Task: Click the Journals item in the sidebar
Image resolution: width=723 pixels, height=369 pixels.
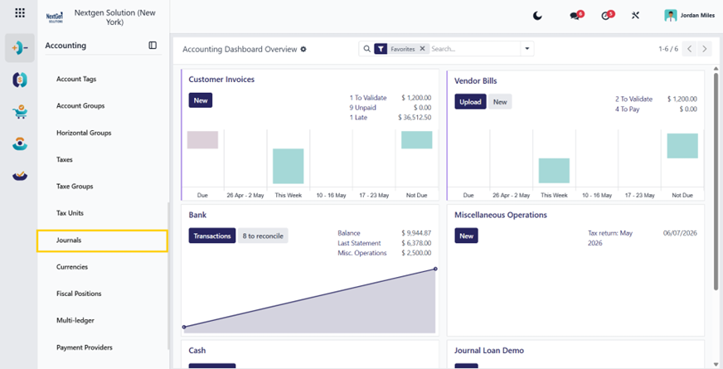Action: pyautogui.click(x=69, y=240)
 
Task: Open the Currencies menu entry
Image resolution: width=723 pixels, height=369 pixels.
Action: pyautogui.click(x=72, y=267)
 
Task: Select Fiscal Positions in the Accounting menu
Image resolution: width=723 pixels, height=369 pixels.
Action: pyautogui.click(x=79, y=294)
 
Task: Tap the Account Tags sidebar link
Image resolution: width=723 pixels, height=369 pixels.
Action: pyautogui.click(x=76, y=80)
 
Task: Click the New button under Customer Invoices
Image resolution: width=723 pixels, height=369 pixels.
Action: pyautogui.click(x=201, y=100)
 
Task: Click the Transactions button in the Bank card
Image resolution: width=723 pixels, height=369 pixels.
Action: pyautogui.click(x=212, y=235)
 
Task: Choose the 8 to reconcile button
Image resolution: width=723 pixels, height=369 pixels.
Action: pyautogui.click(x=263, y=235)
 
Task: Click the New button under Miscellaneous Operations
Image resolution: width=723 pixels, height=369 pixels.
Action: pyautogui.click(x=466, y=235)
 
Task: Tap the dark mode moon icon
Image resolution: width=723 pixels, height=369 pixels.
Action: pyautogui.click(x=537, y=16)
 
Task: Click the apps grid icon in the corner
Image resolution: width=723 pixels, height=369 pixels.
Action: pyautogui.click(x=20, y=12)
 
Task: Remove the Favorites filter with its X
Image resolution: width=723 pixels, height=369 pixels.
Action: pyautogui.click(x=422, y=49)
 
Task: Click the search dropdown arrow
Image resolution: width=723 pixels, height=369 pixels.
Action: pyautogui.click(x=527, y=49)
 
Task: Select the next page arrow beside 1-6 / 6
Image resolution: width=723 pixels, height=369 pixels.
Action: pyautogui.click(x=704, y=49)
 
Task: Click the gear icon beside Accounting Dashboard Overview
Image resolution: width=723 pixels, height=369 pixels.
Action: pyautogui.click(x=303, y=50)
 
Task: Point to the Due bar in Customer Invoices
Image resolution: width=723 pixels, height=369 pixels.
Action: pyautogui.click(x=202, y=140)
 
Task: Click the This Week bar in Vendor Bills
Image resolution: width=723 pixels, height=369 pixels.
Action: pyautogui.click(x=554, y=171)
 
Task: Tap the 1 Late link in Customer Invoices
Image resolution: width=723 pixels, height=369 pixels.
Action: pyautogui.click(x=358, y=118)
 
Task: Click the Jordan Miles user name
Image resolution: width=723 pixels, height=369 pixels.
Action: pyautogui.click(x=697, y=16)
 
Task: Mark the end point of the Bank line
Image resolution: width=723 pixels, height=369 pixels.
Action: pyautogui.click(x=435, y=269)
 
